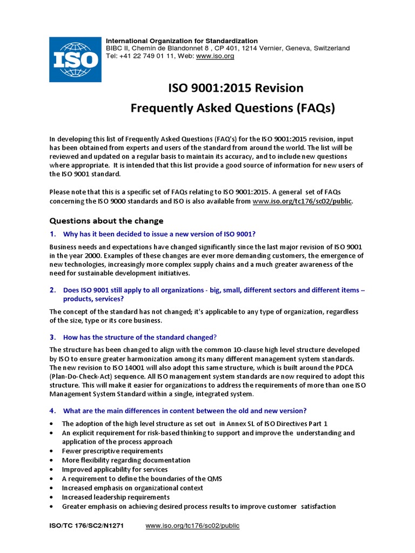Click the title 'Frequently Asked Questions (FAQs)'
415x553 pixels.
click(233, 109)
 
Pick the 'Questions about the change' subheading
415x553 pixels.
click(106, 221)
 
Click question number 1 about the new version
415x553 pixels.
click(159, 234)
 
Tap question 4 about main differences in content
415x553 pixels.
click(185, 410)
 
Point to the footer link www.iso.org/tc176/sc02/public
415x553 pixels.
click(192, 525)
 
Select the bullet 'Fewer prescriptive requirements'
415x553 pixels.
click(112, 451)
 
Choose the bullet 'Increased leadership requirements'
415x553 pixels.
click(116, 497)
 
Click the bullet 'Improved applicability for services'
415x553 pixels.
click(115, 469)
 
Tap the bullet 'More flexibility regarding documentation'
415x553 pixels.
click(126, 460)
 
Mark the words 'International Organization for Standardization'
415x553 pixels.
click(182, 41)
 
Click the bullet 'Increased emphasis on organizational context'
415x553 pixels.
click(132, 488)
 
